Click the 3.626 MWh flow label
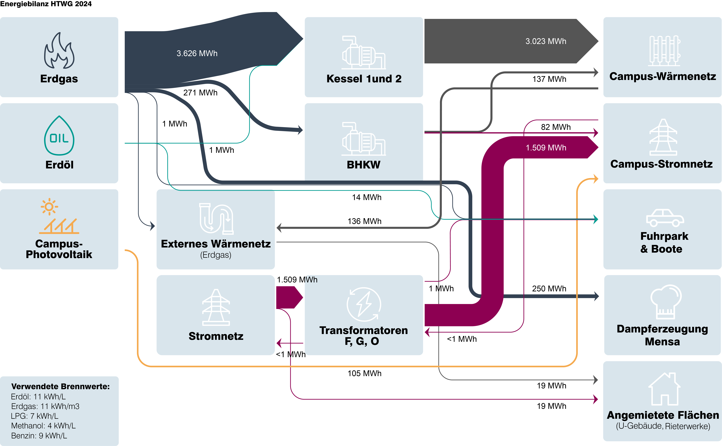197,53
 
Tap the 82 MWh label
556,127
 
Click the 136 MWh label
364,221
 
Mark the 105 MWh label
364,373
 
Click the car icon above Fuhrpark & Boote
665,218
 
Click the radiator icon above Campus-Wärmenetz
664,51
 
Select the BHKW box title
364,165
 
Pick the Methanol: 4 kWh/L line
43,426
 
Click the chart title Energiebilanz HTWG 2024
46,4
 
